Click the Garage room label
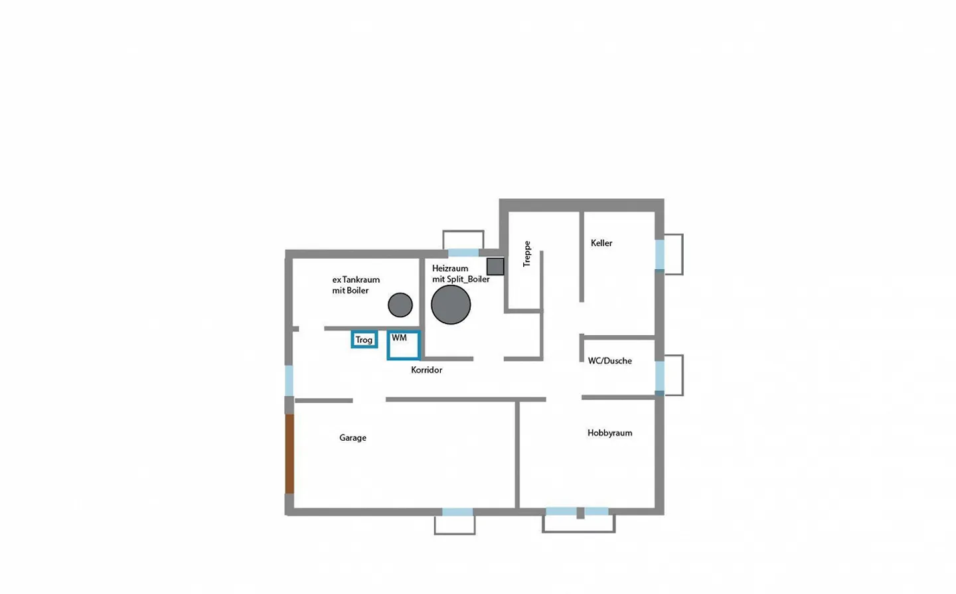(x=353, y=437)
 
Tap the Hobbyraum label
(x=609, y=433)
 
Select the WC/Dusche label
(x=609, y=361)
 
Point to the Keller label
(x=601, y=243)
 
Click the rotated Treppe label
(x=527, y=254)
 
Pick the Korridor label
(x=426, y=370)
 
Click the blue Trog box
(x=364, y=340)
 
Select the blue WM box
(x=404, y=345)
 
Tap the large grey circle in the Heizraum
(x=451, y=305)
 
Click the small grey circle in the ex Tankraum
(x=400, y=305)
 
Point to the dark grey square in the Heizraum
(x=495, y=267)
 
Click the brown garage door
(x=289, y=454)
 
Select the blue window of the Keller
(x=659, y=254)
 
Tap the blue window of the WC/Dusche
(x=659, y=376)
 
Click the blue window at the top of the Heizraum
(x=463, y=253)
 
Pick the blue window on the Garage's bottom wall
(x=457, y=512)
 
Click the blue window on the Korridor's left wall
(x=289, y=380)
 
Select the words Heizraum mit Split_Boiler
(x=461, y=273)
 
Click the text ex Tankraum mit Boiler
(x=356, y=285)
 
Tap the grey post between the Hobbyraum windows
(x=580, y=512)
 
